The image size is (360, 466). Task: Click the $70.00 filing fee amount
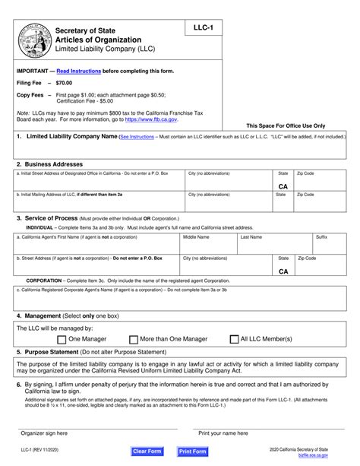click(x=66, y=82)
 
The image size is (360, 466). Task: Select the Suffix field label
click(x=321, y=236)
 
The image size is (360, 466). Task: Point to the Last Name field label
click(x=251, y=236)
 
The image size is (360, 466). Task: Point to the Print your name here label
click(x=225, y=433)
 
